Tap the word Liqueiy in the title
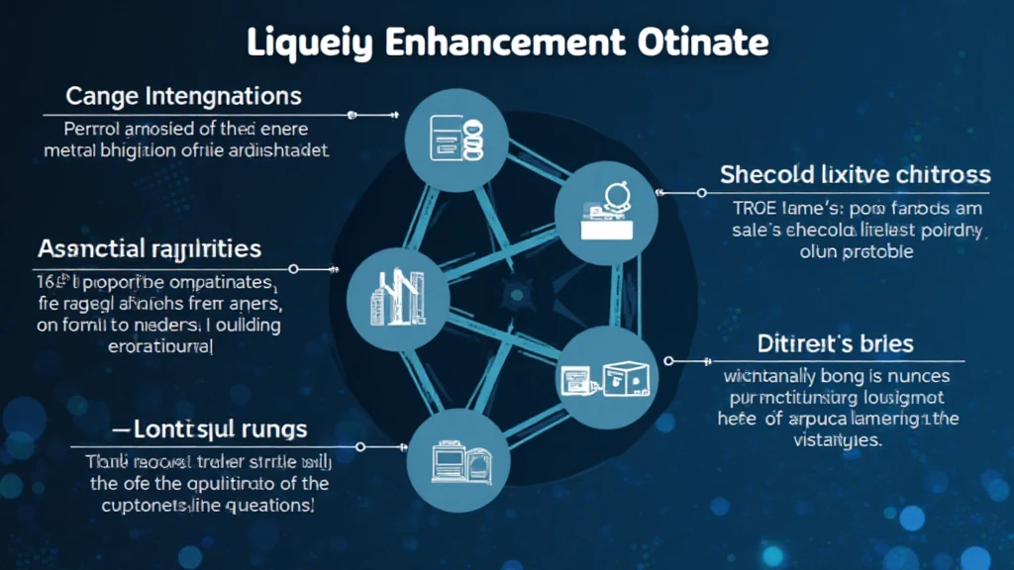[x=307, y=45]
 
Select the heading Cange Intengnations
[x=183, y=97]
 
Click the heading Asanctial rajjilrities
[x=150, y=247]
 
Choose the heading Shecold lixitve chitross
[x=855, y=175]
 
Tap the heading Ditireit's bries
[x=834, y=344]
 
